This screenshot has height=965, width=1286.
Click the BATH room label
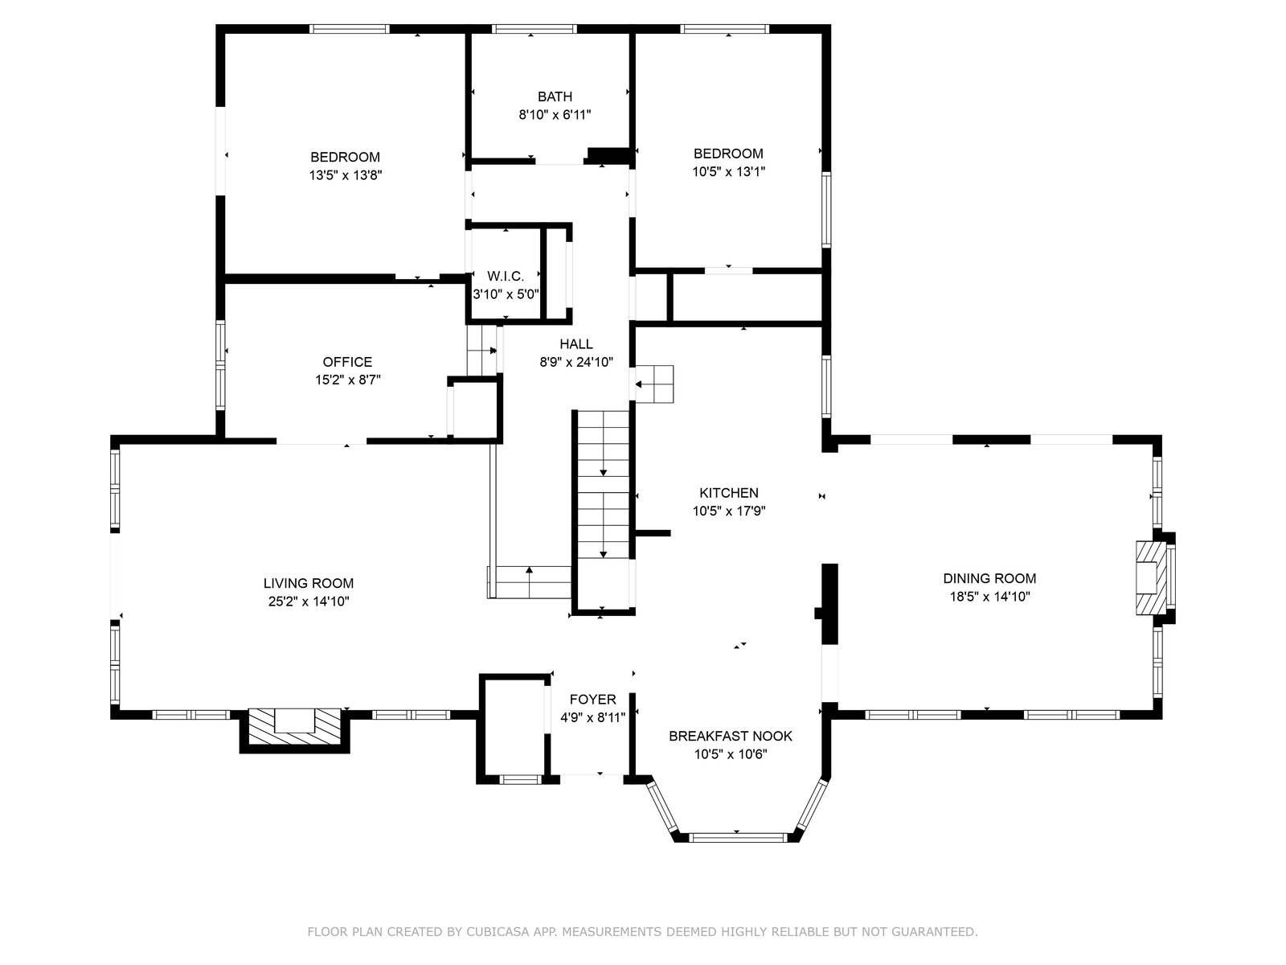(x=555, y=96)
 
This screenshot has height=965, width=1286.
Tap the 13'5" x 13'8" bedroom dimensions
(x=346, y=175)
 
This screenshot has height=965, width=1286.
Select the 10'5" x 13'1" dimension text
(x=729, y=171)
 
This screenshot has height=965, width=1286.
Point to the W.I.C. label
(x=506, y=276)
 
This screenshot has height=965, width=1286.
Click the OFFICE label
(x=347, y=362)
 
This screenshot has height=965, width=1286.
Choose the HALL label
(x=576, y=344)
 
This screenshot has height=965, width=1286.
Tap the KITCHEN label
(x=729, y=493)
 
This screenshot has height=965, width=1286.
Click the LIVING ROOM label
(x=308, y=583)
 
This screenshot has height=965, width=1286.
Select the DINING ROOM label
(x=989, y=578)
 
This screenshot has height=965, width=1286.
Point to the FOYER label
(x=593, y=699)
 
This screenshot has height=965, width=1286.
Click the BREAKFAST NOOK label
(x=731, y=736)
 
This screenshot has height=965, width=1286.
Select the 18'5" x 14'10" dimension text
(x=990, y=597)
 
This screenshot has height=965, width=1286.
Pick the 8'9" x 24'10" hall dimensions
(x=576, y=362)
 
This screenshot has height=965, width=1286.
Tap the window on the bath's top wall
(x=534, y=29)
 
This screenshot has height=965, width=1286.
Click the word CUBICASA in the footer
(x=496, y=931)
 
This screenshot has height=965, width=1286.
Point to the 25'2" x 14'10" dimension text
(x=309, y=602)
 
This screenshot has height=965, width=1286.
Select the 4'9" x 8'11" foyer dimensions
(x=593, y=717)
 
